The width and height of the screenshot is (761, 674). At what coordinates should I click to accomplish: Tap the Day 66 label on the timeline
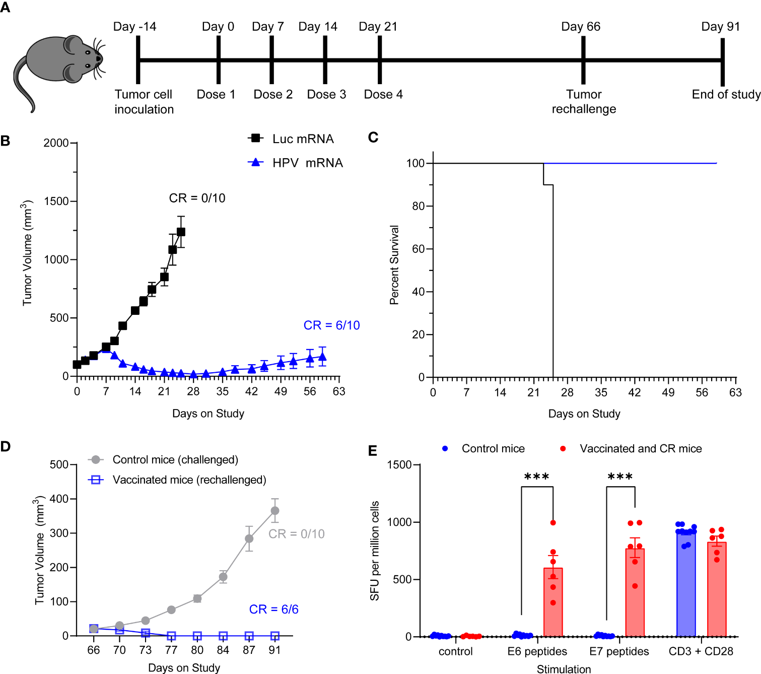pyautogui.click(x=581, y=27)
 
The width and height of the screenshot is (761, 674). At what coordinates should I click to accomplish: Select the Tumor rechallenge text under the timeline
pyautogui.click(x=584, y=102)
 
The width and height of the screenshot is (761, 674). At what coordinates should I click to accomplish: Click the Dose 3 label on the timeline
pyautogui.click(x=326, y=95)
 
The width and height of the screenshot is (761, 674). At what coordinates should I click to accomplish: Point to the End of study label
pyautogui.click(x=726, y=95)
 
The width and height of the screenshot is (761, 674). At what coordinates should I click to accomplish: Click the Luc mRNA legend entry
pyautogui.click(x=291, y=139)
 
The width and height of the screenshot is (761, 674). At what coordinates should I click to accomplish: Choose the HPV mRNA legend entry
pyautogui.click(x=296, y=163)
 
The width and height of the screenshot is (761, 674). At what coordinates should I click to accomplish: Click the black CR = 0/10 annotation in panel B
pyautogui.click(x=197, y=198)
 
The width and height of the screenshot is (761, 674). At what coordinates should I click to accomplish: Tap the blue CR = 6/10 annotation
pyautogui.click(x=331, y=325)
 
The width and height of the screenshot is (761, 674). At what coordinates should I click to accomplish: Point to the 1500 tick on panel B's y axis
pyautogui.click(x=56, y=201)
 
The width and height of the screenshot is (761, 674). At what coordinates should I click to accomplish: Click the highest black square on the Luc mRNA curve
pyautogui.click(x=181, y=232)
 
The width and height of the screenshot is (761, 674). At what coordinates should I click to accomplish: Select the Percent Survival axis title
pyautogui.click(x=394, y=265)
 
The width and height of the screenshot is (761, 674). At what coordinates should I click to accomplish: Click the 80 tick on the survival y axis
pyautogui.click(x=418, y=206)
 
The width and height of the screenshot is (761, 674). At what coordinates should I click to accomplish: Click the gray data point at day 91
pyautogui.click(x=275, y=511)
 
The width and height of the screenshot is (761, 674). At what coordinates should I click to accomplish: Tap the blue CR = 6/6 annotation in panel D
pyautogui.click(x=273, y=610)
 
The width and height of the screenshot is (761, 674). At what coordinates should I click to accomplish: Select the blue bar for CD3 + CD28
pyautogui.click(x=686, y=584)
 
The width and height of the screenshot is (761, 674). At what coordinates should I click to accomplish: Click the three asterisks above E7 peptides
pyautogui.click(x=620, y=477)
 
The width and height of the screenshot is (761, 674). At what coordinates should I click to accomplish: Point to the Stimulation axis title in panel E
pyautogui.click(x=564, y=669)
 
